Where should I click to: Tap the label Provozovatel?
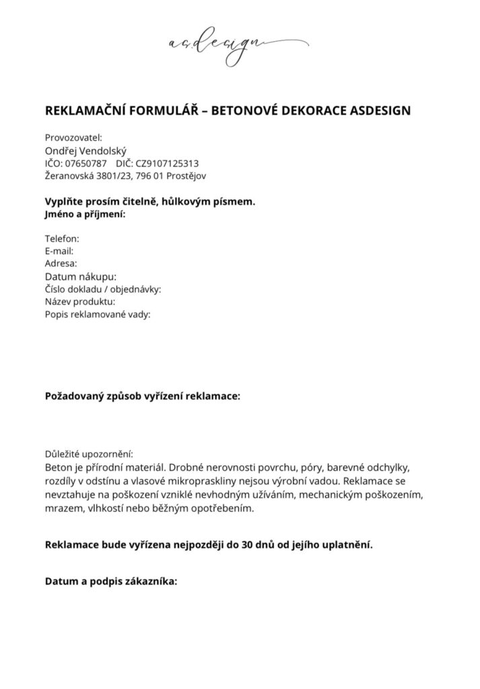coord(73,138)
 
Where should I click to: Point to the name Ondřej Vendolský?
coord(85,151)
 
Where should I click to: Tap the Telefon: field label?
coord(62,239)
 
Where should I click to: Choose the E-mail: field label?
coord(59,251)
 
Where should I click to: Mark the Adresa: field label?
coord(61,263)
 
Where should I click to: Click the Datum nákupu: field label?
coord(81,277)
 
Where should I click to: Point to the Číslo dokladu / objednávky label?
coord(103,289)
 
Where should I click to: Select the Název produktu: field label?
coord(81,301)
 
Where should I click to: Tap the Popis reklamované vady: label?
coord(98,314)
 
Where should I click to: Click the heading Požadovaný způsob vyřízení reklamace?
coord(142,396)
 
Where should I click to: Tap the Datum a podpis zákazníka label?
coord(111,582)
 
